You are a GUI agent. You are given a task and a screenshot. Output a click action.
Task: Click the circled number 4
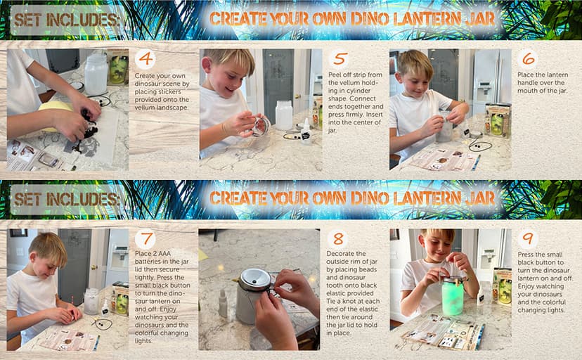pos(145,59)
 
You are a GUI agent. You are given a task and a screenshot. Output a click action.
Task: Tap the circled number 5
pos(339,59)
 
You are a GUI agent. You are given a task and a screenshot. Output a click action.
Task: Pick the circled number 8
pos(339,239)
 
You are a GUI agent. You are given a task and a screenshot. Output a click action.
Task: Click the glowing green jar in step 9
pos(452,296)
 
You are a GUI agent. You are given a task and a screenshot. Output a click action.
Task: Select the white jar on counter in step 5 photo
pos(284,115)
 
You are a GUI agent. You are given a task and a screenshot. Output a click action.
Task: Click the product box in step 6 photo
pos(498,120)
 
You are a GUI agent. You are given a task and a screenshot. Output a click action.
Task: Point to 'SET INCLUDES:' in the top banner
pos(67,20)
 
